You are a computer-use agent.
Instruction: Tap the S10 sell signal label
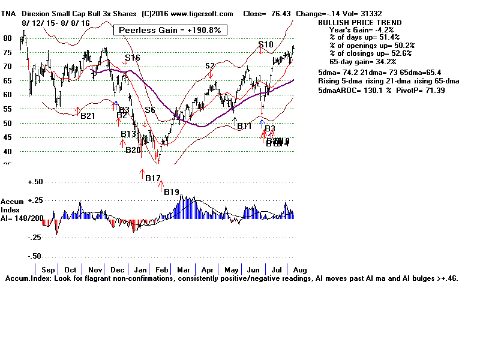tap(266, 44)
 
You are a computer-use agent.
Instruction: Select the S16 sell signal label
tap(133, 58)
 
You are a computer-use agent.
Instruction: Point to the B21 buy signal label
tap(88, 115)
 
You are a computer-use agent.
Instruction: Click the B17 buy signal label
tap(152, 178)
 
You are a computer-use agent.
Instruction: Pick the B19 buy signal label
tap(172, 191)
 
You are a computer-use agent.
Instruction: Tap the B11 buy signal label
tap(244, 126)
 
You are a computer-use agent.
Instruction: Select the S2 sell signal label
tap(210, 66)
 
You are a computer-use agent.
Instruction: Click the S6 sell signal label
tap(149, 110)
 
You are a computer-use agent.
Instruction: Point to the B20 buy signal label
tap(133, 150)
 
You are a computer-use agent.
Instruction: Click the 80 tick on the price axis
tap(8, 38)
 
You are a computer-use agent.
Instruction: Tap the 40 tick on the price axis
tap(8, 152)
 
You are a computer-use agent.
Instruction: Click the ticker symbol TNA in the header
tap(9, 13)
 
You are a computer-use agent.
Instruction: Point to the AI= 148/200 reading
tap(22, 218)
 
